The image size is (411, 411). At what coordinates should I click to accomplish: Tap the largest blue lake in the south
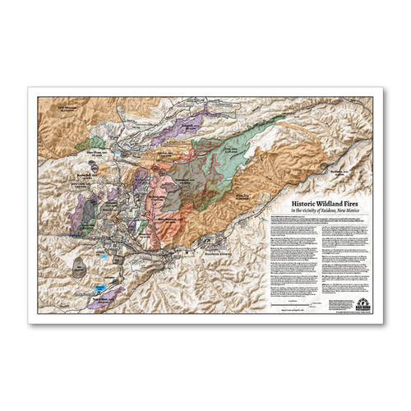[99, 289]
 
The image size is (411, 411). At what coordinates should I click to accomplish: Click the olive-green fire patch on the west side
[95, 143]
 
